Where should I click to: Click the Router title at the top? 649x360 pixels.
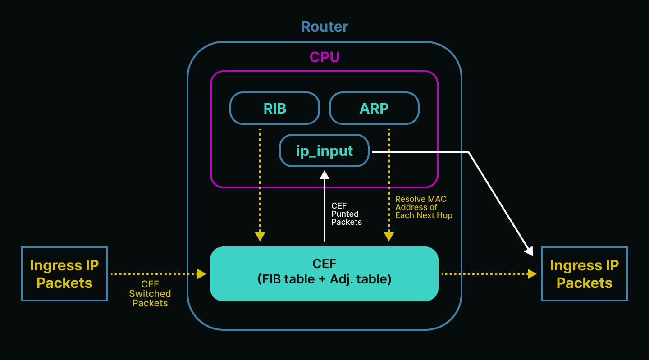324,27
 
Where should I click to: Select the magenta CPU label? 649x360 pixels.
324,57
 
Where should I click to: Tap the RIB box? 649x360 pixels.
274,108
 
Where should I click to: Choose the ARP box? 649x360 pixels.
374,108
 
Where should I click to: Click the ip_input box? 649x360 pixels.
324,150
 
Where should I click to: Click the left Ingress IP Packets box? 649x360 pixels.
64,274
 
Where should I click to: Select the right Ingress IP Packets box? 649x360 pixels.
584,274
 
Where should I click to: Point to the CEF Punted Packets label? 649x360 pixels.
346,214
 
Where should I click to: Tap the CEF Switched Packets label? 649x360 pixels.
150,293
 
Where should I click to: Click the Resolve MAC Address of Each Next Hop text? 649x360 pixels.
424,207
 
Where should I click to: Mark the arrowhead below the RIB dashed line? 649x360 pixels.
260,237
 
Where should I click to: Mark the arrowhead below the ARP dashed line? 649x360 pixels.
389,237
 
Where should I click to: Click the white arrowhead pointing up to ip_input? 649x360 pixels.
324,175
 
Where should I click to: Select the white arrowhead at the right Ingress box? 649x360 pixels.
529,251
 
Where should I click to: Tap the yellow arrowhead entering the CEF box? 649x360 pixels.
201,274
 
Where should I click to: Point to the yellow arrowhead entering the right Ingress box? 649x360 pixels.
532,274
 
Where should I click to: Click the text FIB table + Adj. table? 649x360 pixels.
324,279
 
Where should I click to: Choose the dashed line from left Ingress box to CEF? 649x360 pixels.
153,274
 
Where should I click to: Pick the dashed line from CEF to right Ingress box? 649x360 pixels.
484,274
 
